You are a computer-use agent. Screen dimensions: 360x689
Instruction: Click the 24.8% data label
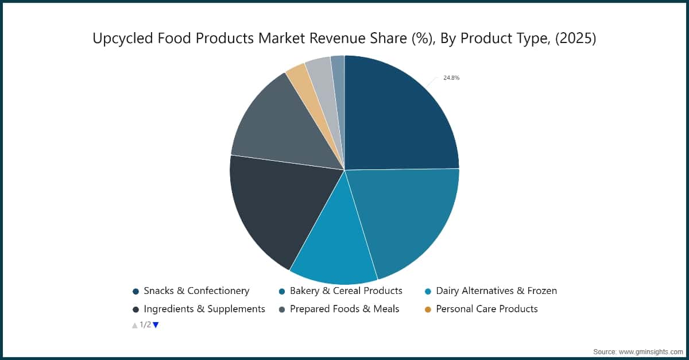(451, 78)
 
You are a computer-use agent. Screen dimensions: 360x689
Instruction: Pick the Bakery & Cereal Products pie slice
(408, 218)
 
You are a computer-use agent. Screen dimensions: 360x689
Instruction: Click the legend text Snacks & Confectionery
(196, 291)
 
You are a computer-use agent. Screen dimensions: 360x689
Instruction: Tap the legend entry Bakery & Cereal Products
(346, 291)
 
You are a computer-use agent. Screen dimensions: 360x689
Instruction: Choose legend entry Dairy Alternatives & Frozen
(496, 291)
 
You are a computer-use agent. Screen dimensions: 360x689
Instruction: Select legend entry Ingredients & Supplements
(204, 309)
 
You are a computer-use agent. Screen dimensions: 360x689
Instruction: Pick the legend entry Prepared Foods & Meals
(344, 309)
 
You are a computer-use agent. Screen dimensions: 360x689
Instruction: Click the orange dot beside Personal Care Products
(427, 309)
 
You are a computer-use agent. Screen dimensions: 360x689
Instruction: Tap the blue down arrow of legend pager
(156, 325)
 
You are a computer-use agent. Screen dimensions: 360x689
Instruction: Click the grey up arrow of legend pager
(135, 325)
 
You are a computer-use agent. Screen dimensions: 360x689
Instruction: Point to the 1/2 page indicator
(145, 325)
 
